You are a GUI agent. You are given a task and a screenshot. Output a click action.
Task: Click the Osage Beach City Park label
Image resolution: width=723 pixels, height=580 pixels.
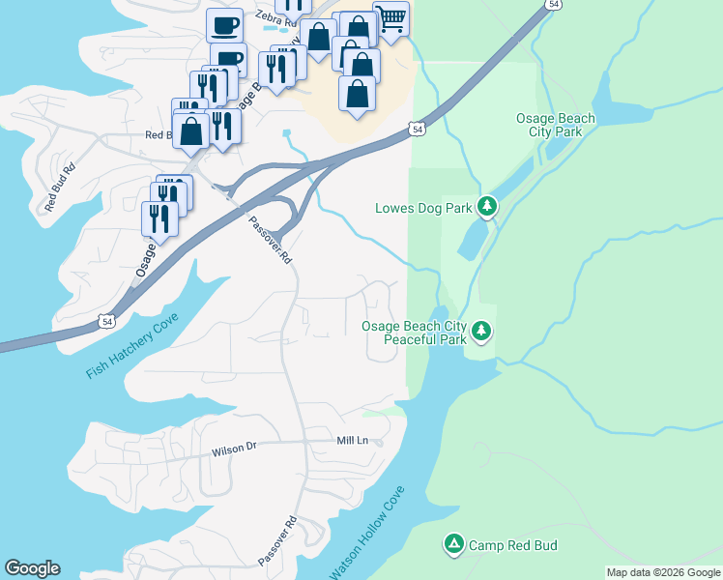tap(555, 125)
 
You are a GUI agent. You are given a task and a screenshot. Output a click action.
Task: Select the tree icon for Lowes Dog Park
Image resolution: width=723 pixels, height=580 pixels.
tap(488, 206)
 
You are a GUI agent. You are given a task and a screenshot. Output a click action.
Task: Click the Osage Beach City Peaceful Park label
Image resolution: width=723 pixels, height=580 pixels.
tap(414, 333)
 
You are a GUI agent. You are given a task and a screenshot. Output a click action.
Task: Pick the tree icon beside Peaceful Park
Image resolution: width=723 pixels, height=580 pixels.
tap(481, 333)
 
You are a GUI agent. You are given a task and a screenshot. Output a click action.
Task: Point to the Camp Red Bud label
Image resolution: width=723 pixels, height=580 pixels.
tap(513, 545)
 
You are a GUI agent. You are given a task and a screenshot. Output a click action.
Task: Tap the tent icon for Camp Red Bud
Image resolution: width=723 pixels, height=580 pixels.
tap(453, 544)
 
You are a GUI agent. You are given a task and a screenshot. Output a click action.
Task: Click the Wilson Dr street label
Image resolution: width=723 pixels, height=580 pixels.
tap(235, 448)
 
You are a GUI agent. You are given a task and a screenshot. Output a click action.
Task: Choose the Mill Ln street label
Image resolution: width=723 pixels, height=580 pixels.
tap(353, 441)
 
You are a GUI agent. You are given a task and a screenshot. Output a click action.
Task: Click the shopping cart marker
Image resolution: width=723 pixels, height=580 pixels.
tap(390, 17)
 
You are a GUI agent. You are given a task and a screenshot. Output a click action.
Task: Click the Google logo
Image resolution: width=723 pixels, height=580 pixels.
tap(32, 568)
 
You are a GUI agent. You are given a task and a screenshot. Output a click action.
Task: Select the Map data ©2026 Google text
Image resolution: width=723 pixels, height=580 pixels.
tap(663, 572)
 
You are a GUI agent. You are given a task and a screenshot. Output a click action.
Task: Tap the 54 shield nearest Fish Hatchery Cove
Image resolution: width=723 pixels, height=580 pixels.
tap(106, 320)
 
